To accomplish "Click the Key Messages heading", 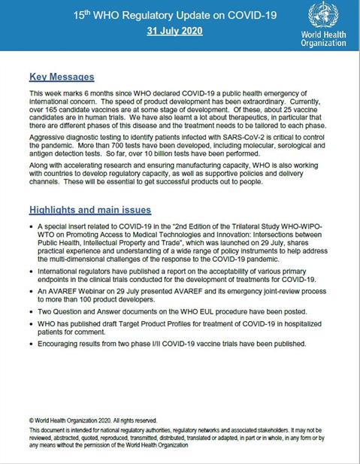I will click(62, 77).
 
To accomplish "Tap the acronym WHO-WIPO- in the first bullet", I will click(311, 230).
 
